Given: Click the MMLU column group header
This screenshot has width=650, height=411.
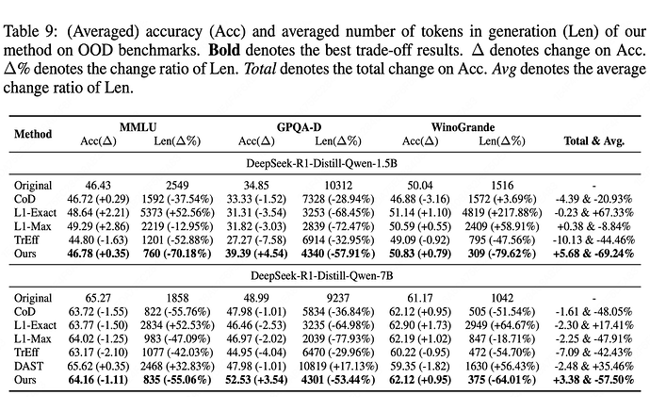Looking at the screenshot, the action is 138,127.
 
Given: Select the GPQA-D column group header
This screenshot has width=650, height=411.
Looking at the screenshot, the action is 299,127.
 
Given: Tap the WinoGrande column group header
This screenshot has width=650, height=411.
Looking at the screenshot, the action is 463,127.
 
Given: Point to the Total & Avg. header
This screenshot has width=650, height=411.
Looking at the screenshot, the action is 594,140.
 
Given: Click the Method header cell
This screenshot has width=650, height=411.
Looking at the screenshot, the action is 33,134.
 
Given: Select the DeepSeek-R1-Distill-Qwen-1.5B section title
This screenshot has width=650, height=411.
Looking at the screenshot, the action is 321,163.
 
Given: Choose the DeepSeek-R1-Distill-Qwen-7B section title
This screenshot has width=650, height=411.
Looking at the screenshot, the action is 321,276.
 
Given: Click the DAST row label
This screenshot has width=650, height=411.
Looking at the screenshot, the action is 28,366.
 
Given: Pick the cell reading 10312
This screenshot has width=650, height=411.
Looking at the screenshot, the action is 338,186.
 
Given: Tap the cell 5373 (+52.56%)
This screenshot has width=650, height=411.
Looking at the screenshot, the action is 177,213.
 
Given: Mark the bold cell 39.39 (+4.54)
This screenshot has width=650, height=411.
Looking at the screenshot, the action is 256,254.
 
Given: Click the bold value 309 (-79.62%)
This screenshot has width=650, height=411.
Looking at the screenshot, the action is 502,254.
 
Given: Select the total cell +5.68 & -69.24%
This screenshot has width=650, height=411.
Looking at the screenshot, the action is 593,254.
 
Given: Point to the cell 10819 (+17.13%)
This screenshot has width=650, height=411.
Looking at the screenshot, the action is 338,366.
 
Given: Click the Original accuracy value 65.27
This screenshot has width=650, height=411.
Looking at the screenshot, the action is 98,298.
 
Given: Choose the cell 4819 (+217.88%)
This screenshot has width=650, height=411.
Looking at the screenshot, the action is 502,213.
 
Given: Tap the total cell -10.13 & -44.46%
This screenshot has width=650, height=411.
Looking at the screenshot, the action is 593,240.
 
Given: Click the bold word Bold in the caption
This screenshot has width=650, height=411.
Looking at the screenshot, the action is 224,50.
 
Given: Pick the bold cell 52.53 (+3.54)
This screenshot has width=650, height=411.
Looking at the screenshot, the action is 256,380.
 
